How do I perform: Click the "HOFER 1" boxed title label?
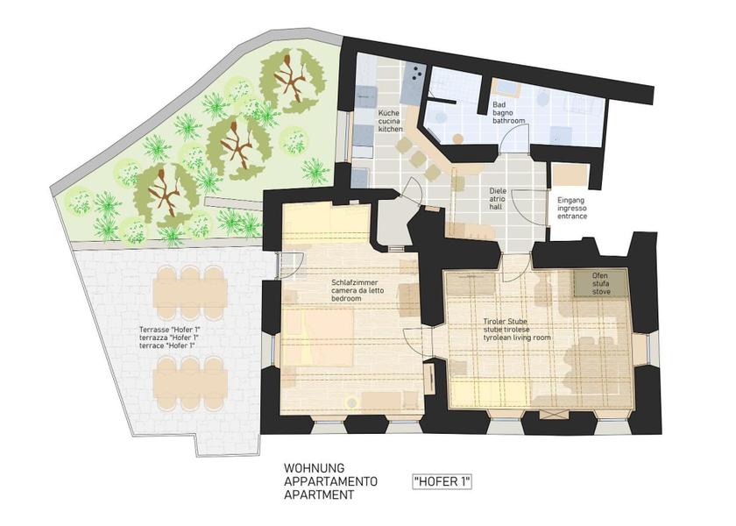tap(442, 482)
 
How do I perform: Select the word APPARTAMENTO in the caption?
tap(330, 481)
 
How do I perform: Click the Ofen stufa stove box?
tap(601, 283)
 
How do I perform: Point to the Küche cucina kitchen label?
tap(390, 121)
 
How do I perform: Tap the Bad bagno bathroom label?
tap(508, 113)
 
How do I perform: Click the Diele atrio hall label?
tap(498, 199)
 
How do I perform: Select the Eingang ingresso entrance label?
tap(572, 208)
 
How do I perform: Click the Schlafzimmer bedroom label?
tap(354, 290)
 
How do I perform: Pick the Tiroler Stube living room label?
tap(517, 330)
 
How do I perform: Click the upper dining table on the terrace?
tap(190, 292)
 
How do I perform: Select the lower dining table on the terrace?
tap(190, 383)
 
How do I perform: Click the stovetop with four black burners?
tap(417, 74)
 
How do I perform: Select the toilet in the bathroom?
tap(543, 100)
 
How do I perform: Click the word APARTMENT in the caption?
tap(319, 494)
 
